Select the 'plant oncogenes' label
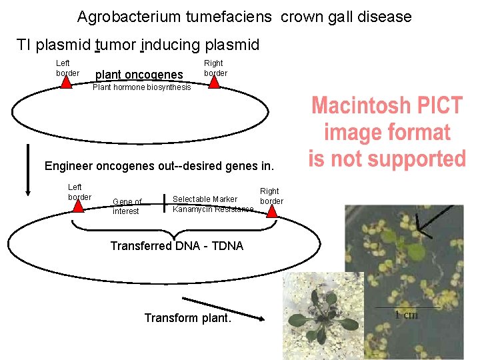point(140,75)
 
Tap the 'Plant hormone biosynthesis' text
point(141,87)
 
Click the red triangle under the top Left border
point(67,82)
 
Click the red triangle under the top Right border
point(213,81)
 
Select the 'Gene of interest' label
point(127,207)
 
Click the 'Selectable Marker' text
point(205,199)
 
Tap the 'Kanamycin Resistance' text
point(213,209)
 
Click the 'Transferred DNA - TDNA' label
point(177,246)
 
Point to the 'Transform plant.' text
point(188,318)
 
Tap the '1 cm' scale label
point(406,315)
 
